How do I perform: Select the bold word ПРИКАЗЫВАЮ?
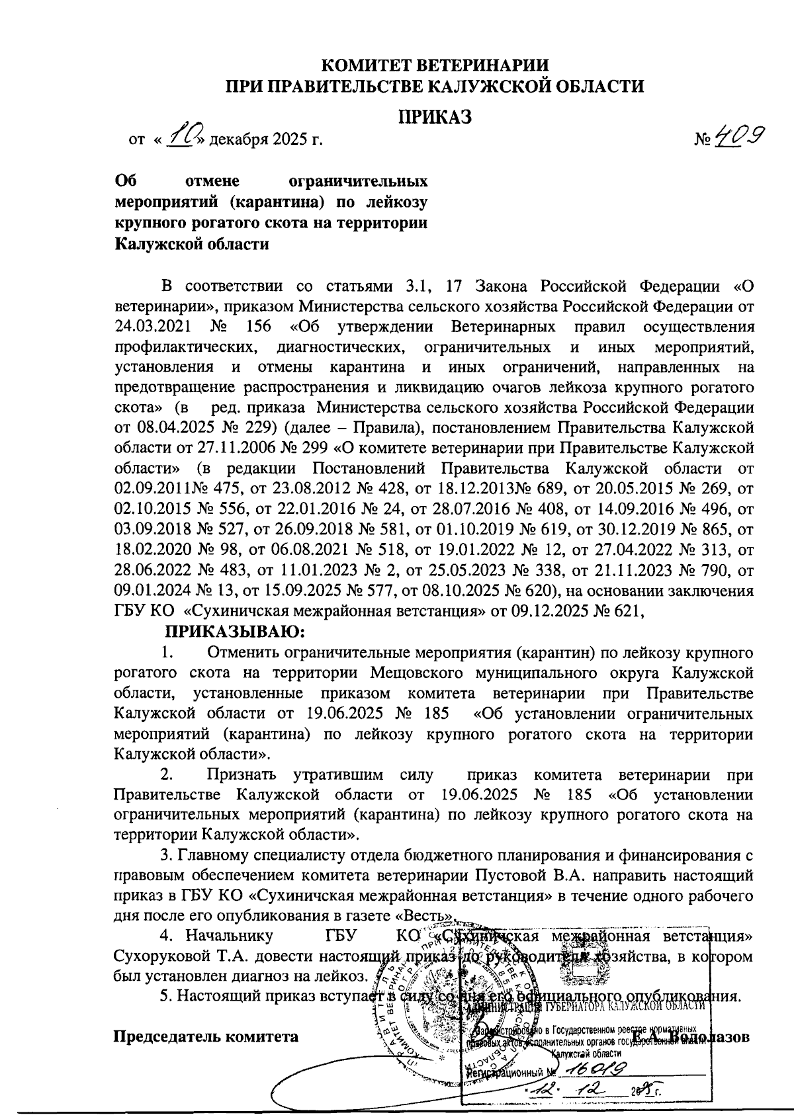(x=234, y=632)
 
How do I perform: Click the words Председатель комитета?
(x=206, y=1036)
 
